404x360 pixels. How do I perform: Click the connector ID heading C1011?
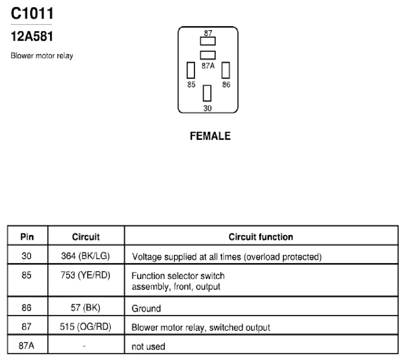(32, 14)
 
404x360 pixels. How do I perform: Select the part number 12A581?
(32, 36)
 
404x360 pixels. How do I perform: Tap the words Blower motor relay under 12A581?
(42, 55)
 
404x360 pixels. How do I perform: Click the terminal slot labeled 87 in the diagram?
(208, 41)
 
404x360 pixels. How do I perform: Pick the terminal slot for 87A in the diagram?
(208, 55)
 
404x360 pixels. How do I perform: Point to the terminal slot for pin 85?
(191, 70)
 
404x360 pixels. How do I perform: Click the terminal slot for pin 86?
(226, 70)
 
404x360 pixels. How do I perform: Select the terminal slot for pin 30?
(207, 93)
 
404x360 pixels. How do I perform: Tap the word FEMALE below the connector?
(210, 136)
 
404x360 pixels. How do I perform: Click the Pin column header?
(27, 237)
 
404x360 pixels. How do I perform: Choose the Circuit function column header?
(261, 237)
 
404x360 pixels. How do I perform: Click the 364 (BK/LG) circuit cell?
(86, 256)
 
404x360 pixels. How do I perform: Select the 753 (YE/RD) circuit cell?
(86, 275)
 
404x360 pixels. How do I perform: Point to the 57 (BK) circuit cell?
(86, 307)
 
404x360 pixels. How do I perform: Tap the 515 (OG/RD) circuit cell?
(86, 327)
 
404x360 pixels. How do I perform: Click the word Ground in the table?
(147, 308)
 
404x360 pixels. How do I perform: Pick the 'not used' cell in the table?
(148, 346)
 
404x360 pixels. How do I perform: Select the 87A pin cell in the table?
(26, 346)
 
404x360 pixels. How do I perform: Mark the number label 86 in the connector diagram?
(226, 85)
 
